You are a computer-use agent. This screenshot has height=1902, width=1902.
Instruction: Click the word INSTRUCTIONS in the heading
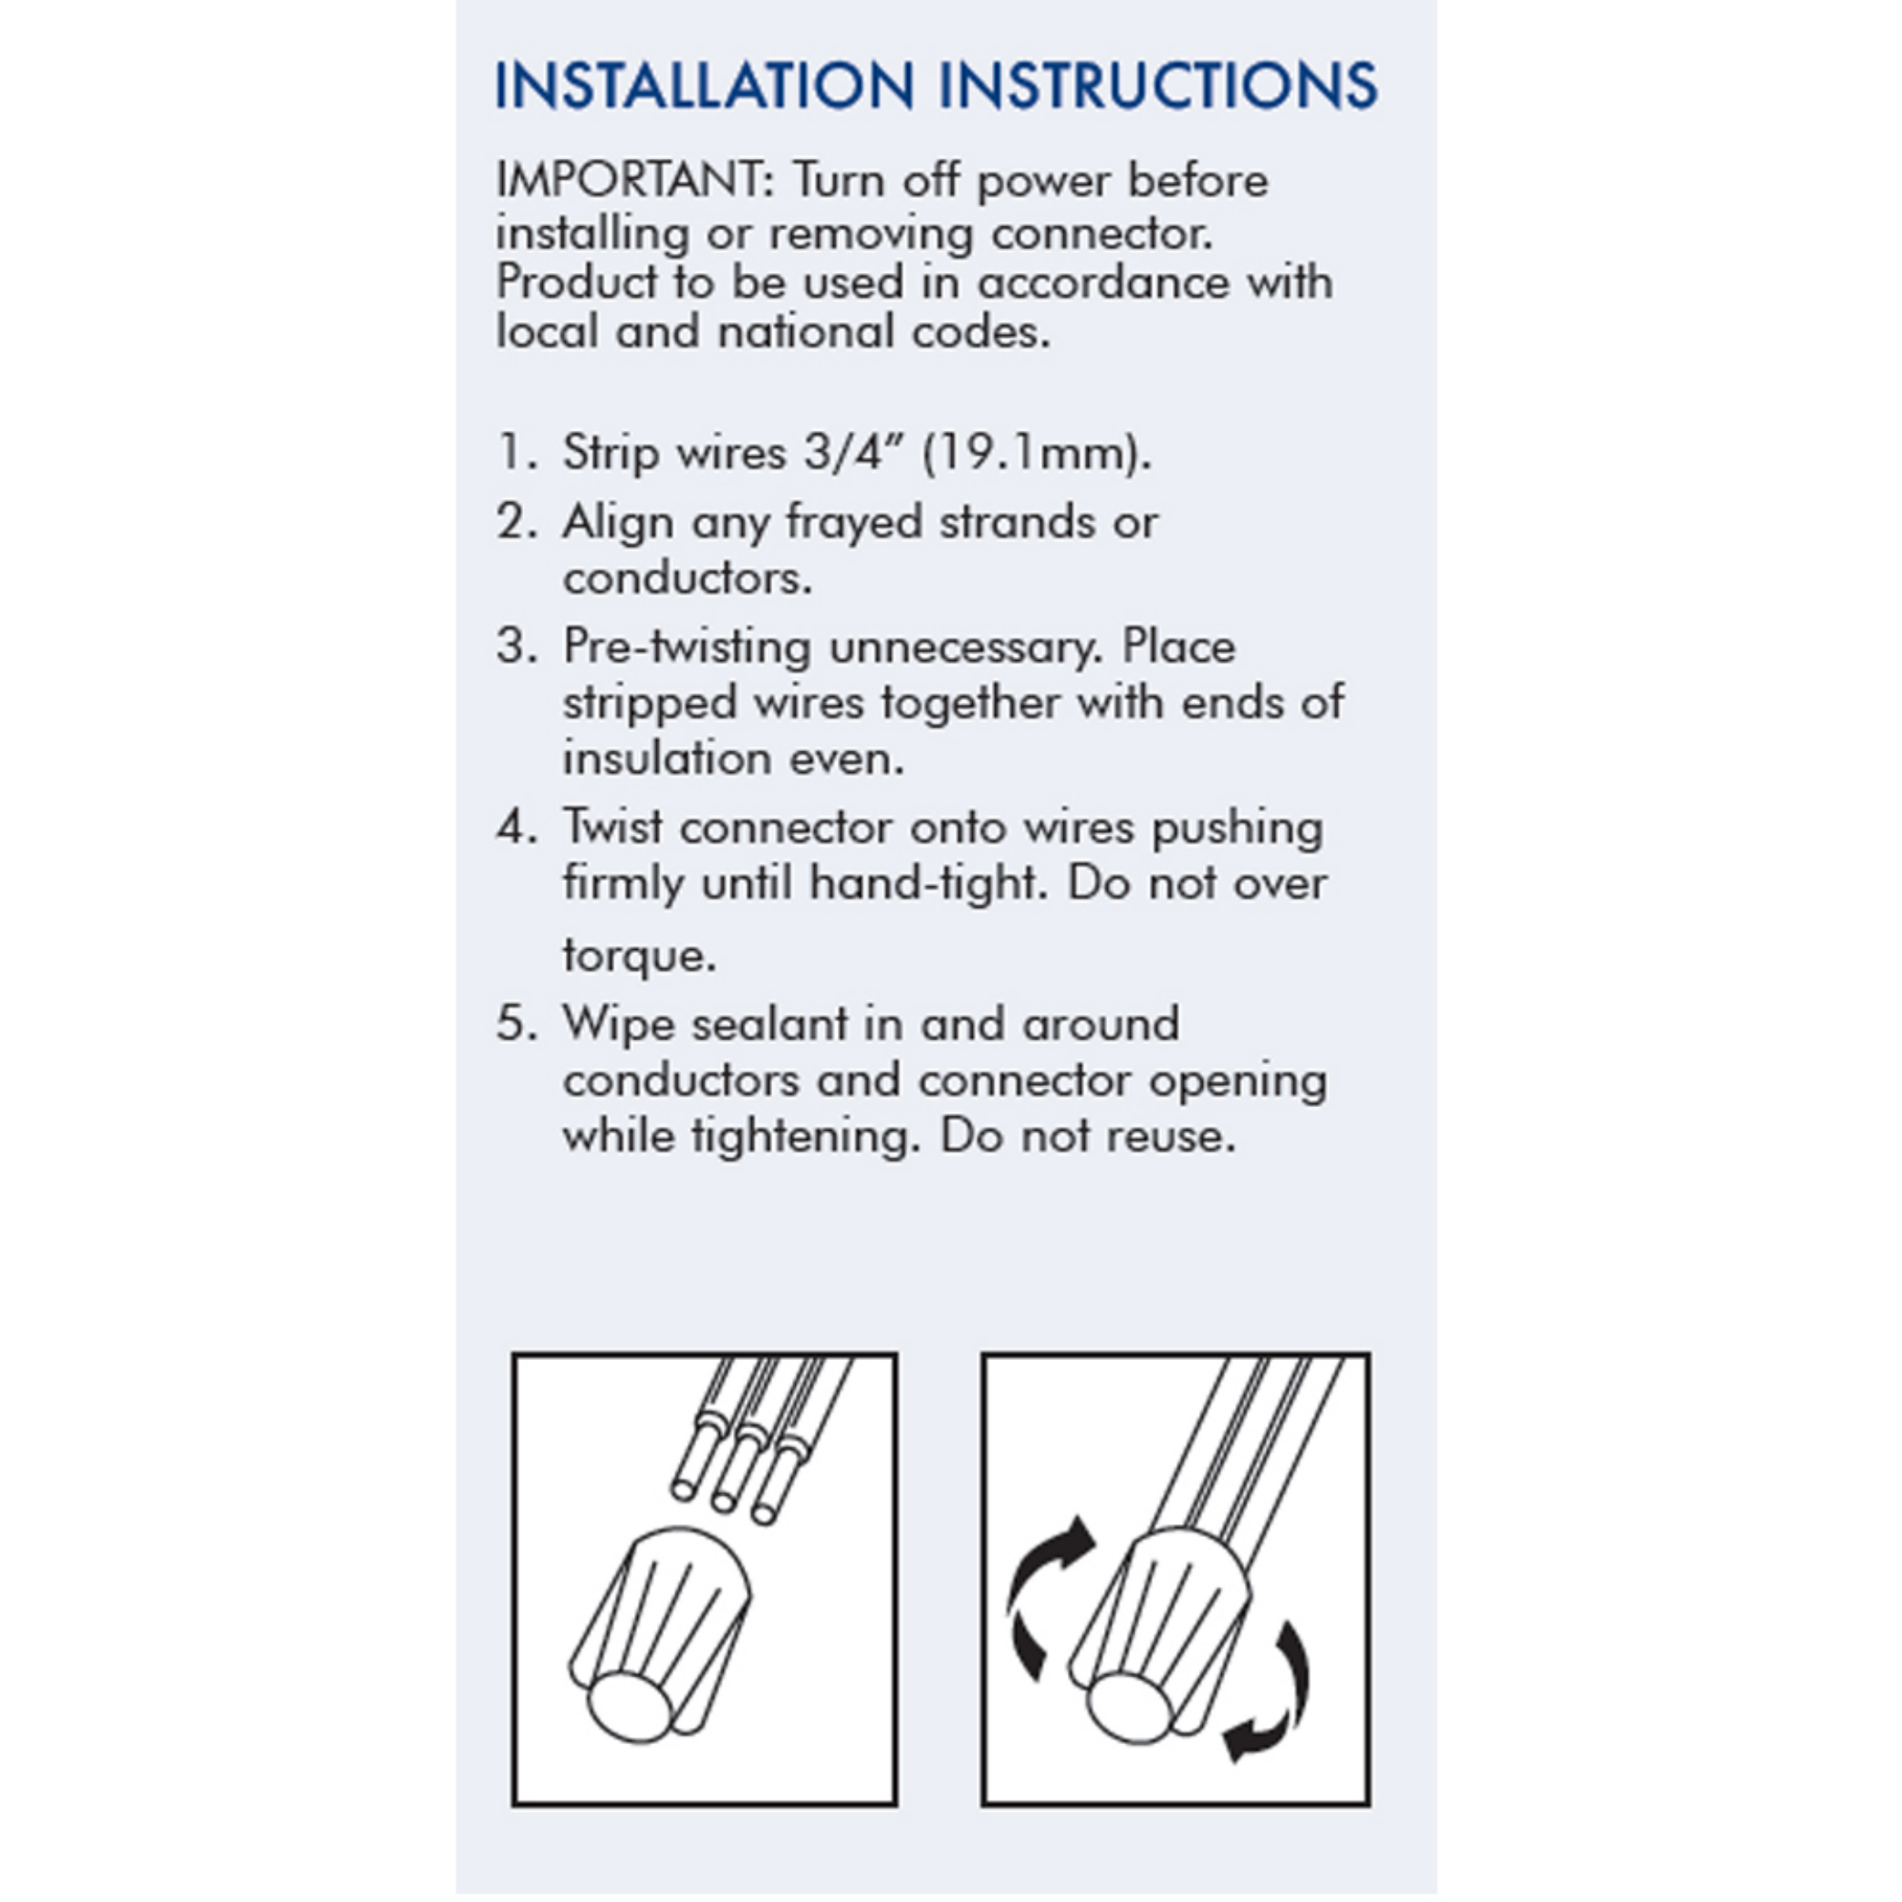(1158, 86)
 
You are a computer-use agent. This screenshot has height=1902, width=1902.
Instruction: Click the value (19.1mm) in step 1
(1036, 453)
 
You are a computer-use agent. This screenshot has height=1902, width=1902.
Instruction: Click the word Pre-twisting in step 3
(686, 647)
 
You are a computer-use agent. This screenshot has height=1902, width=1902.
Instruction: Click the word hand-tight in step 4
(924, 883)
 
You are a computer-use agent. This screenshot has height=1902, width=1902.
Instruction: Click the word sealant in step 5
(768, 1023)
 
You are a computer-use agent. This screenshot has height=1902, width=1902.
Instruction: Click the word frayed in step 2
(853, 523)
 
